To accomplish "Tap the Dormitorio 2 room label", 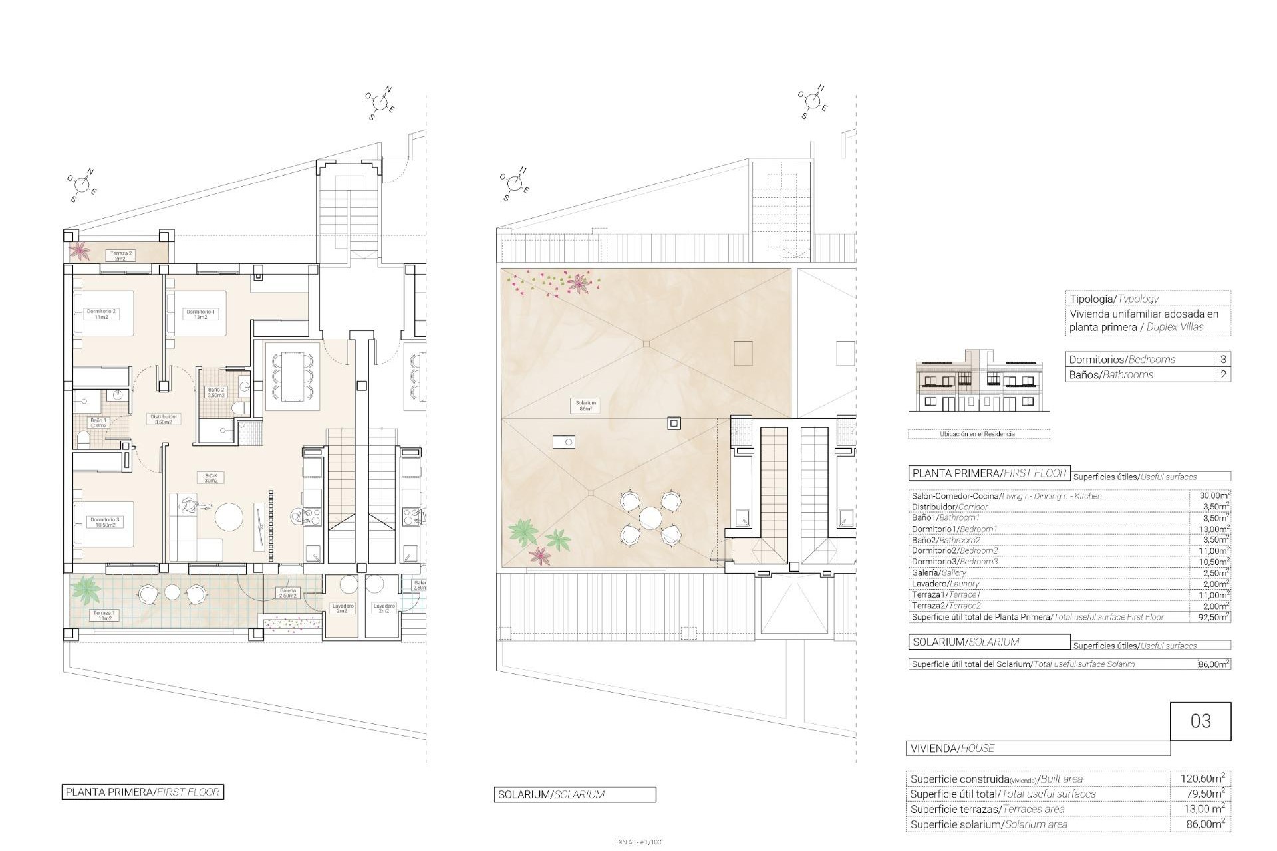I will coord(101,314).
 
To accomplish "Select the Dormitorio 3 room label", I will coord(104,522).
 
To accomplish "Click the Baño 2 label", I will coord(217,392).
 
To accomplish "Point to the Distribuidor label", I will coord(163,419).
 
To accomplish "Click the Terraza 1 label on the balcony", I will coord(104,615).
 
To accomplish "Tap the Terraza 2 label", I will coord(120,255).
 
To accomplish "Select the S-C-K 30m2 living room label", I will coord(211,478).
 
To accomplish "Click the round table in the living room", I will coord(229,517).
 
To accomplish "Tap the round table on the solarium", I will coord(648,517).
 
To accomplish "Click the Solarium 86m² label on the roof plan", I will coord(586,406).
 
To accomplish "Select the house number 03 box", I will coord(1200,721).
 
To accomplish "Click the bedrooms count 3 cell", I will coord(1223,359).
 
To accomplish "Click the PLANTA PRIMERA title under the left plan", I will coord(142,792).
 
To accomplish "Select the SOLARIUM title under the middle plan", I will coord(574,794).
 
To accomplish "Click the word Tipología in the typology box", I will coord(1092,299).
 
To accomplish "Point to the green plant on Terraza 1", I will coord(86,588).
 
